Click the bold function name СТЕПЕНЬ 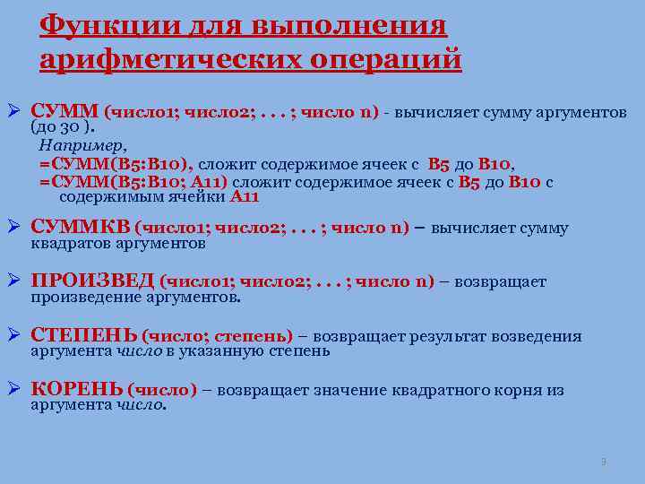[x=83, y=336]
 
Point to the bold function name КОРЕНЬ [x=77, y=390]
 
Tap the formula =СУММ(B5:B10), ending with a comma [x=116, y=163]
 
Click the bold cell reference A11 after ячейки [x=245, y=197]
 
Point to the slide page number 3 [x=604, y=462]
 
